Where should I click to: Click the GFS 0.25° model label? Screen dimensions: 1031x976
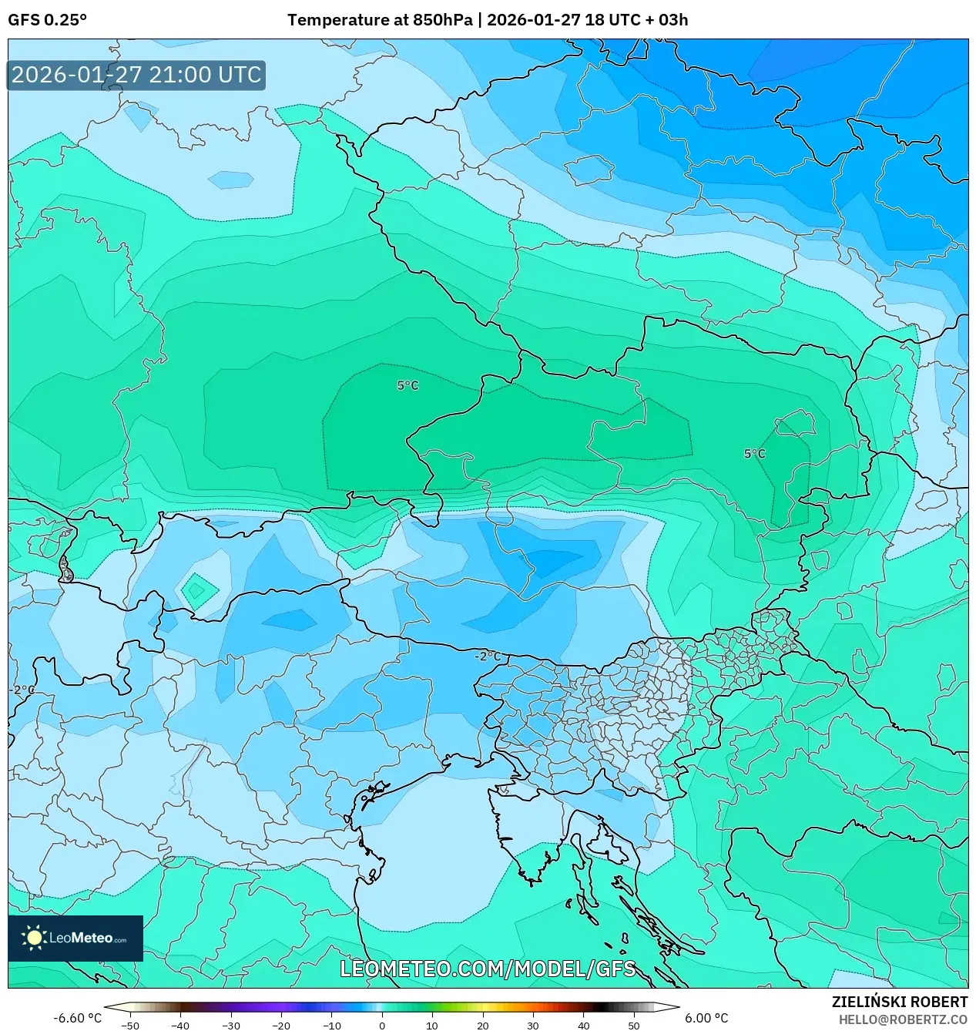[x=47, y=20]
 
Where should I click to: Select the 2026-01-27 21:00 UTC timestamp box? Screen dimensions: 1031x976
[x=136, y=75]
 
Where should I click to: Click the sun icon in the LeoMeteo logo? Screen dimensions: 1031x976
[x=34, y=938]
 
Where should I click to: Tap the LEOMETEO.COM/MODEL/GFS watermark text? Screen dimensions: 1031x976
[x=488, y=969]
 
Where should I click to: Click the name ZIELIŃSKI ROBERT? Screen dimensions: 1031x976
[x=899, y=1002]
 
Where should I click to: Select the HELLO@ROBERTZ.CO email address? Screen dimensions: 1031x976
[x=903, y=1019]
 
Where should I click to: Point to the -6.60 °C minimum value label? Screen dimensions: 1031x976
[x=77, y=1018]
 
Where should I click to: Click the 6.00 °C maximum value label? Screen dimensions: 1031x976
[x=706, y=1018]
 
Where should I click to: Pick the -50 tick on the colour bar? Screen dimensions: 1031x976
[x=130, y=1026]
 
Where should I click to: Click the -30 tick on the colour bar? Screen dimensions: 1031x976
[x=231, y=1026]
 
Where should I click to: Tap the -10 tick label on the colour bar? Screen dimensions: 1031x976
[x=331, y=1026]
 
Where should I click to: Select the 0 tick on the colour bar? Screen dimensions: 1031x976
[x=382, y=1026]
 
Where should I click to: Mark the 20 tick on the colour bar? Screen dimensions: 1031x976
[x=482, y=1026]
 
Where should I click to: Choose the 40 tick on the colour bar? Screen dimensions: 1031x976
[x=583, y=1026]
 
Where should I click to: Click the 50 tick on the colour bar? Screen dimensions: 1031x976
[x=633, y=1026]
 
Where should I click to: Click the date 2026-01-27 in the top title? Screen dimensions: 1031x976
[x=533, y=20]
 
